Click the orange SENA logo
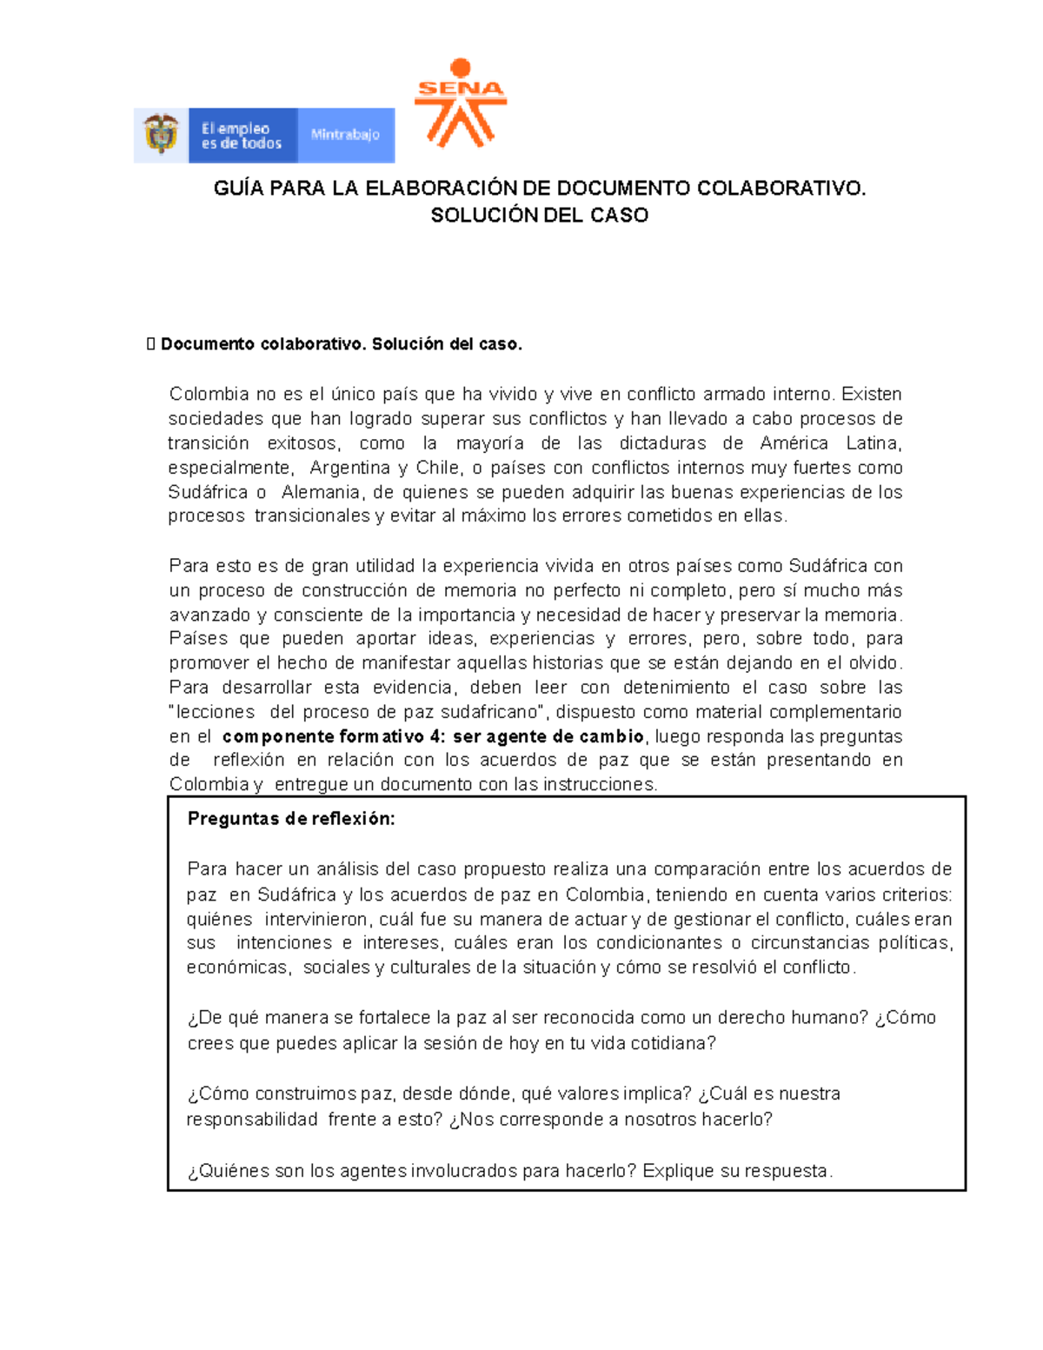click(460, 103)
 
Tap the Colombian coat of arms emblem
click(161, 135)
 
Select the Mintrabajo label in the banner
click(345, 135)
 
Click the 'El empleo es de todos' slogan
click(242, 136)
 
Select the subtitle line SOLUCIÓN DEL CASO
click(539, 216)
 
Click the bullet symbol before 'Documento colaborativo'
click(151, 344)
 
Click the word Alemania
click(322, 492)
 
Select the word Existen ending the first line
click(872, 394)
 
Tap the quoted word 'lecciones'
click(214, 712)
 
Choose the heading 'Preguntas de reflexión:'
click(291, 819)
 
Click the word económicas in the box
click(236, 968)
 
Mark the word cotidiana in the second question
click(674, 1043)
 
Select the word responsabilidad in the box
click(252, 1120)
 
